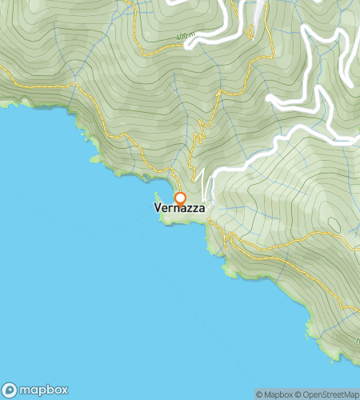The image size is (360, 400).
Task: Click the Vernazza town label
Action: pos(179,207)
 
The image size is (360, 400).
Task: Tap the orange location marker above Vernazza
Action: pos(180,198)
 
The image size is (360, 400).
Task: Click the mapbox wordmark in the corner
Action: pos(45,390)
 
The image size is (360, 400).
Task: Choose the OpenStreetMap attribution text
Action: pos(330,394)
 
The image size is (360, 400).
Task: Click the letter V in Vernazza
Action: pos(157,207)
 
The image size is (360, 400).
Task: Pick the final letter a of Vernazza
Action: pos(202,207)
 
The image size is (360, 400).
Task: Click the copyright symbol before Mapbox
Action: pos(259,394)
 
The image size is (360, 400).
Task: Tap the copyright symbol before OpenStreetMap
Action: pos(298,394)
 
